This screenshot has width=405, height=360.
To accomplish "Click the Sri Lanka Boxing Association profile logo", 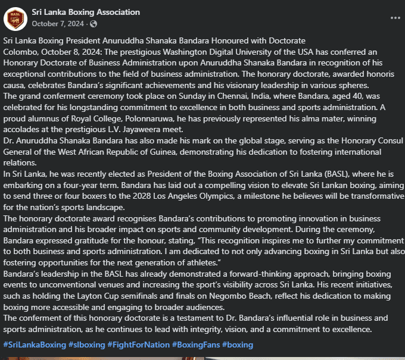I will click(x=15, y=18).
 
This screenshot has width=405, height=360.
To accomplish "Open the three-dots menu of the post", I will click(x=395, y=18).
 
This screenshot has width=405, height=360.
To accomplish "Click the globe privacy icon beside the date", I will click(x=93, y=24).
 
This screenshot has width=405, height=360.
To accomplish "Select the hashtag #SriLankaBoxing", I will click(x=34, y=345).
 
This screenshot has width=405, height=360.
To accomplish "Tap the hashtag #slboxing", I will click(x=87, y=345).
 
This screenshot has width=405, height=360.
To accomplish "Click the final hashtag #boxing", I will click(x=238, y=345).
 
